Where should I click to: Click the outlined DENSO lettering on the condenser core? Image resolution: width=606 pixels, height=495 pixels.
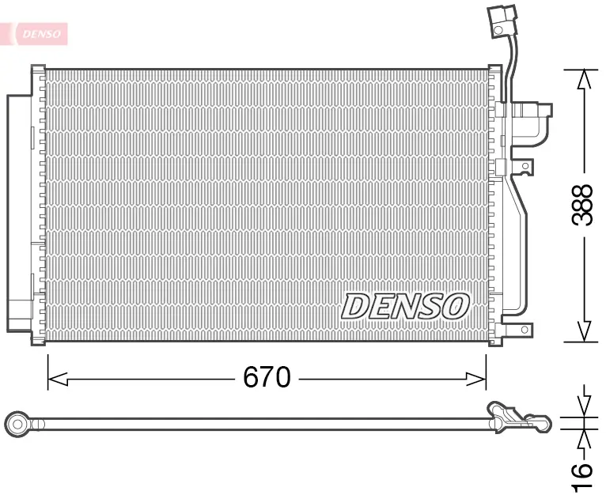click(406, 305)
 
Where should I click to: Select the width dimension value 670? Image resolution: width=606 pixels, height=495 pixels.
click(267, 378)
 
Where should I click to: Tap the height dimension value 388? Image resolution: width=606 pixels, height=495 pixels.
click(582, 205)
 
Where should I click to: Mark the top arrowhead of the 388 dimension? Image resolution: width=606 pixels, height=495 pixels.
click(584, 78)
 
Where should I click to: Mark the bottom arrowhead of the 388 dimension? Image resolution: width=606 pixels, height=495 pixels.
click(584, 332)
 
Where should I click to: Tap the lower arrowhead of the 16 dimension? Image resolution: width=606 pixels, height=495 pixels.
click(585, 437)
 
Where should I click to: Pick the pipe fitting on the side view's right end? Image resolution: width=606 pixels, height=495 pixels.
click(518, 417)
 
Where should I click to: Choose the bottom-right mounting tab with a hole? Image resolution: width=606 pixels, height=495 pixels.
click(523, 330)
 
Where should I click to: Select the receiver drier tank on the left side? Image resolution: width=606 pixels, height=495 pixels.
click(19, 213)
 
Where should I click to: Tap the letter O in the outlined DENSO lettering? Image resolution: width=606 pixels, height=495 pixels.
click(456, 305)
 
